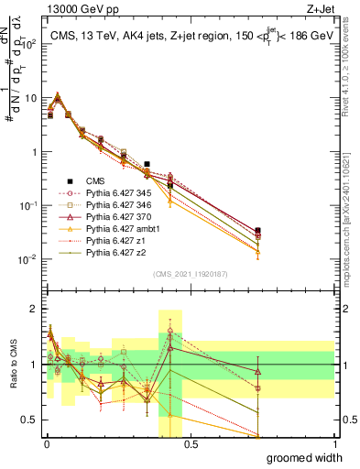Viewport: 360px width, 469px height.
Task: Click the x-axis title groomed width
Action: [305, 457]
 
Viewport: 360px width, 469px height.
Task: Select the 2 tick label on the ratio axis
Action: [33, 309]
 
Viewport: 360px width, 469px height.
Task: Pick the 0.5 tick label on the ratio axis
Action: [28, 420]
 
